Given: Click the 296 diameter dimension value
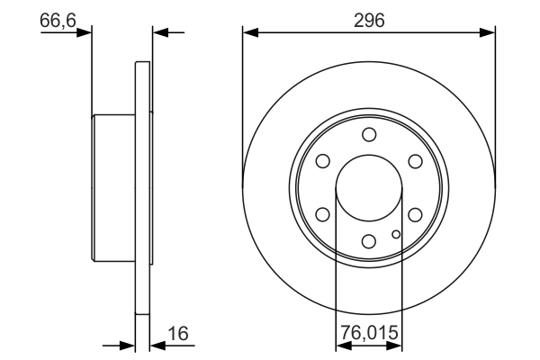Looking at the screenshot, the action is coord(369,21).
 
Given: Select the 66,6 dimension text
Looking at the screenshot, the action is coord(58,21).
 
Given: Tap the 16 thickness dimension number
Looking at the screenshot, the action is coord(178,334).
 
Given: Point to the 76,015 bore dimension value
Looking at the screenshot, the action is coord(369,332).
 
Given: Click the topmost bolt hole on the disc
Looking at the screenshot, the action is coord(369,134).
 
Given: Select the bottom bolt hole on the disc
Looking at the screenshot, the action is coord(369,241).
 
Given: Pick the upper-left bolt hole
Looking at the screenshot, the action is coord(323,161).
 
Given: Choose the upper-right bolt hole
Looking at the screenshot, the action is coord(415,161).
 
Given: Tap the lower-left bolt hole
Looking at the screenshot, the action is coord(323,214).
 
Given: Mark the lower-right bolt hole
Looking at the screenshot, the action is coord(415,214).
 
